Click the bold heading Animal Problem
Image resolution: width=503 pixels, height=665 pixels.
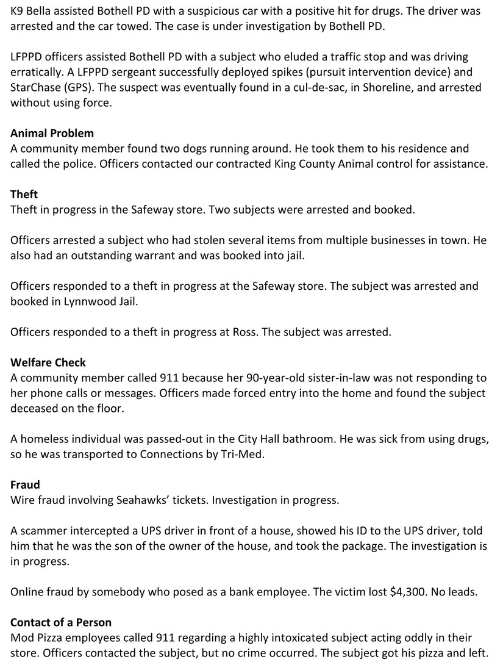(x=52, y=133)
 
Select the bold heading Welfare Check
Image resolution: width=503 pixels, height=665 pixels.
(x=48, y=362)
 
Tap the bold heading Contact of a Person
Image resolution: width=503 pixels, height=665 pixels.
(x=61, y=622)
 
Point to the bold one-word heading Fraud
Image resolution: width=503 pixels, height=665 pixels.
(x=25, y=485)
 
